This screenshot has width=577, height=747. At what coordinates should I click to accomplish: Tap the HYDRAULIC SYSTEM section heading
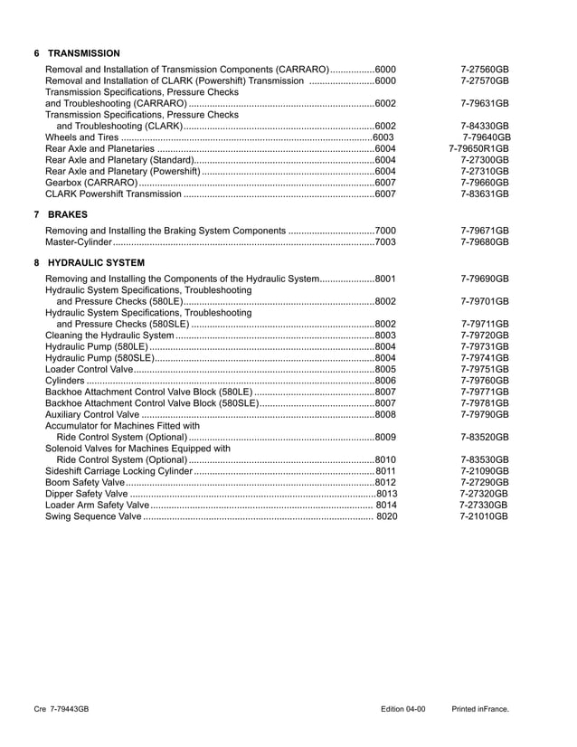(95, 263)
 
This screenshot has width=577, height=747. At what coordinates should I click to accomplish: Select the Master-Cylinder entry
(79, 242)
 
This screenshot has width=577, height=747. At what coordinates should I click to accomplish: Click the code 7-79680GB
(484, 242)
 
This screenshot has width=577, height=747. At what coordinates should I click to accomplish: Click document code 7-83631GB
(484, 194)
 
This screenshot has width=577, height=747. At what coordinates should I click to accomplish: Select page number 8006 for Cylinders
(384, 381)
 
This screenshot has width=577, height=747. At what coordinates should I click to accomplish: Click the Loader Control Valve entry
(90, 369)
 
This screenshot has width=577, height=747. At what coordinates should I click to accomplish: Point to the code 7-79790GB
(484, 414)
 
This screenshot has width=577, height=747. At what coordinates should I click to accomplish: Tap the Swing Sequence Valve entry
(93, 516)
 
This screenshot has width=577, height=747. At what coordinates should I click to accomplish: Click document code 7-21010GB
(484, 516)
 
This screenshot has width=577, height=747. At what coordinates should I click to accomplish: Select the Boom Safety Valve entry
(84, 482)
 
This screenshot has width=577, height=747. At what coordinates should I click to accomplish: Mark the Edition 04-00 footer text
(402, 709)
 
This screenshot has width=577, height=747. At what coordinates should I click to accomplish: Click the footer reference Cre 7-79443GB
(61, 709)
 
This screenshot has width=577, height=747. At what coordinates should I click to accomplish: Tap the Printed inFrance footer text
(480, 709)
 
